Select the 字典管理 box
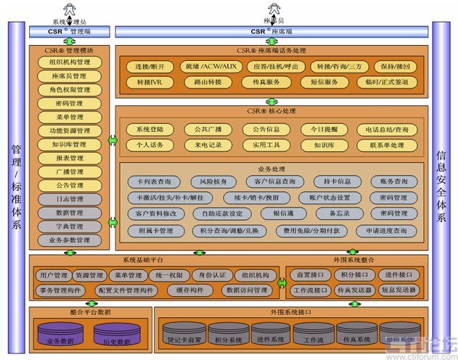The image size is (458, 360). coord(70,226)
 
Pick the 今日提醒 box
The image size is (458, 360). coord(324,129)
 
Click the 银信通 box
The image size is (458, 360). coord(277,214)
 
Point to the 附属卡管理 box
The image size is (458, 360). coord(155,231)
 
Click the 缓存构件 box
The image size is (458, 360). coord(187,290)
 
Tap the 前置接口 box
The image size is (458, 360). coord(309,275)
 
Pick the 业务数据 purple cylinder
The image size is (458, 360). coord(62,335)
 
